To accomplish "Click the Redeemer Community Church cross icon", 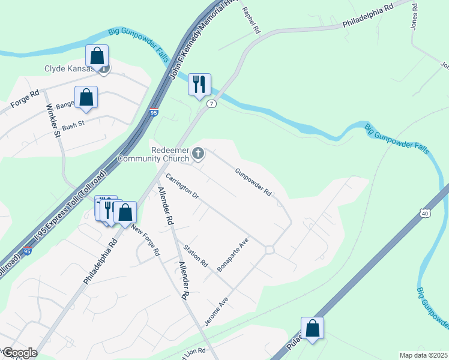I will click(197, 155).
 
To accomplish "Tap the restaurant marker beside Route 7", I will click(199, 84).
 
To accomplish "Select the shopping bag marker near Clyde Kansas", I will click(97, 56).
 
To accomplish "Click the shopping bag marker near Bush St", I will click(86, 97).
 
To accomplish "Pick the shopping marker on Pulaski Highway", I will click(312, 328).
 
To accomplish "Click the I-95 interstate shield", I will click(154, 112).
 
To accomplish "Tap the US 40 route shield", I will click(425, 213).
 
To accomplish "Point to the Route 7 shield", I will click(211, 104).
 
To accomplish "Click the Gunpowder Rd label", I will click(253, 182).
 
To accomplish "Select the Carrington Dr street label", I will click(182, 187).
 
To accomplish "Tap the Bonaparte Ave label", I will click(232, 255).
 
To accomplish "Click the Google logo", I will click(20, 353).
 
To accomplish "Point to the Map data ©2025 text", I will click(423, 355).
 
